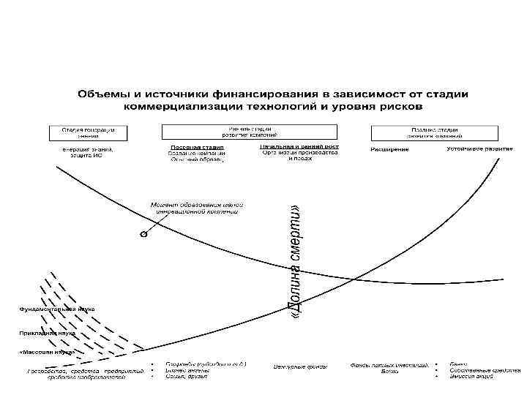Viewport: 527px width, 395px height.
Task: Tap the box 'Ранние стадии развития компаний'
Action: (x=249, y=132)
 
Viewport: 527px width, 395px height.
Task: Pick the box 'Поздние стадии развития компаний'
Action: (x=435, y=132)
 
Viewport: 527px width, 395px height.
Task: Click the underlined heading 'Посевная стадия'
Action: (x=196, y=148)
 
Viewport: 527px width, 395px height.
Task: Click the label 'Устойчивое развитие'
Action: (x=479, y=148)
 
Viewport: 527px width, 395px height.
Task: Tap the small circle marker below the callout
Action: (x=143, y=236)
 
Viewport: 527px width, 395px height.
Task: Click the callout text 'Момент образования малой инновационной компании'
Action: (x=197, y=208)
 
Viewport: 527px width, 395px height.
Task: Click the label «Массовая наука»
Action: (x=48, y=352)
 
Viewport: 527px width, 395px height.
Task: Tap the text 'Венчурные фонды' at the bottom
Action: (x=300, y=366)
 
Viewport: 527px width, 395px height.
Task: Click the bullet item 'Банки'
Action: (x=460, y=364)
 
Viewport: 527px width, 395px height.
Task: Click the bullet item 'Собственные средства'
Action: (x=482, y=371)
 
